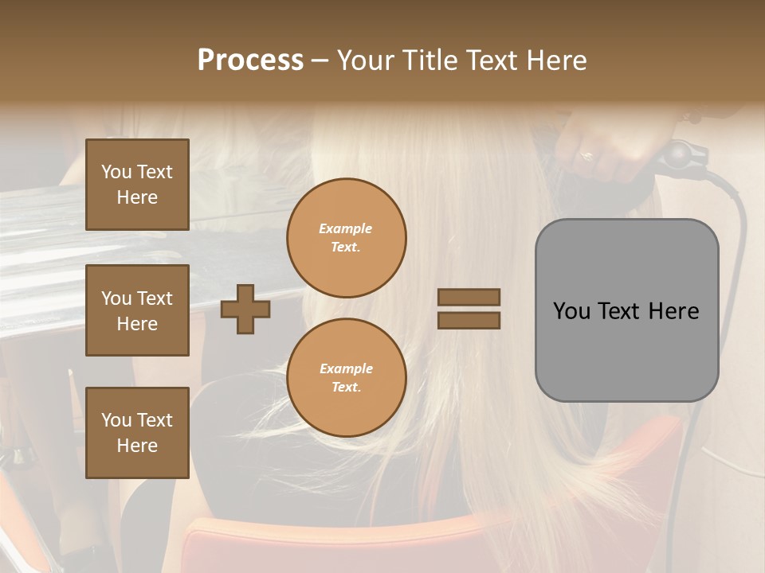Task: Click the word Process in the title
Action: tap(250, 60)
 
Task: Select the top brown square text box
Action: tap(137, 185)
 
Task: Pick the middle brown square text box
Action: tap(137, 310)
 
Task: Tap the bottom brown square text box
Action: tap(137, 432)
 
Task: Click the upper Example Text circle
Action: tap(346, 237)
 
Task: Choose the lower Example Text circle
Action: tap(346, 377)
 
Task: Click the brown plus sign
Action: tap(245, 309)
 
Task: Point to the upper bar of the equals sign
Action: tap(469, 297)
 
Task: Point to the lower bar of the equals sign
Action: tap(469, 320)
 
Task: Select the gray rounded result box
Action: tap(626, 310)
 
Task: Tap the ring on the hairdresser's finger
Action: tap(586, 155)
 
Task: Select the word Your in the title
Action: tap(364, 60)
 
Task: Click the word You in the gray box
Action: tap(571, 311)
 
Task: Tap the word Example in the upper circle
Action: tap(346, 228)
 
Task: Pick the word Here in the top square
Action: tap(137, 197)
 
